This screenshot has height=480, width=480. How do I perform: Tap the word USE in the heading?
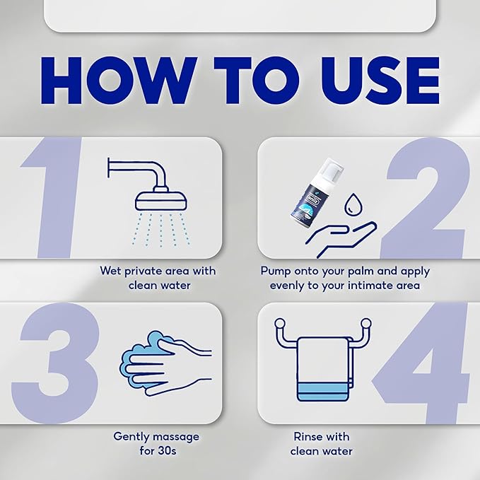(x=380, y=81)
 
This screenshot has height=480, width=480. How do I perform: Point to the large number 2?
(x=426, y=198)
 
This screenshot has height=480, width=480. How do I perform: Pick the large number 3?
(x=55, y=363)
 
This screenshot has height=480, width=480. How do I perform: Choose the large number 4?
(x=421, y=363)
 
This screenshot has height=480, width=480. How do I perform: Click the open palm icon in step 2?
(x=341, y=239)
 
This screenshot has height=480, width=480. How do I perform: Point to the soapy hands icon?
(x=165, y=363)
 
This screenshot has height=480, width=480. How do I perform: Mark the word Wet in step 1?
(x=110, y=271)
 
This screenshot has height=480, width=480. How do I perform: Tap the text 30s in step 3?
(x=167, y=451)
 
